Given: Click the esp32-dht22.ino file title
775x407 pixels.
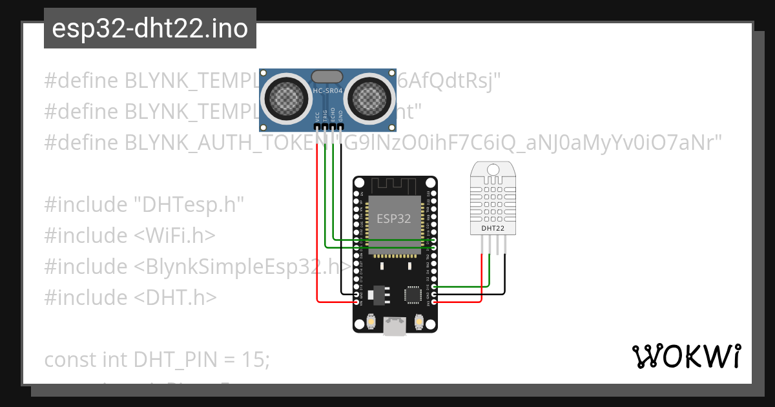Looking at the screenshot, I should (150, 29).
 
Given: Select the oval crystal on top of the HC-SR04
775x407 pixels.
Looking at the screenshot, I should (327, 77).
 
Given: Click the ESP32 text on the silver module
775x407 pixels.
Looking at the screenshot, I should (393, 218).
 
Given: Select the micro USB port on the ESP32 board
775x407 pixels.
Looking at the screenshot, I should (394, 326).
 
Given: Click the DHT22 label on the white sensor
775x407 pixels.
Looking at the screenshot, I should (493, 228).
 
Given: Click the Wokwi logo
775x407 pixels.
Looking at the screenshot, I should (686, 356).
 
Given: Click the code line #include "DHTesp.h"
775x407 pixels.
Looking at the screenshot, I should (144, 205).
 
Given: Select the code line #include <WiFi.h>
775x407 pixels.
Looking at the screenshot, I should (129, 236).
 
